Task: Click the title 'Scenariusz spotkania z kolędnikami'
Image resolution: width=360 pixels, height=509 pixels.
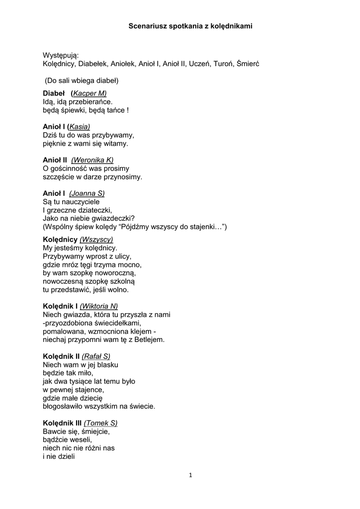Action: (x=190, y=25)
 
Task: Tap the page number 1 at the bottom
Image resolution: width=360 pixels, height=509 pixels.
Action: (x=190, y=475)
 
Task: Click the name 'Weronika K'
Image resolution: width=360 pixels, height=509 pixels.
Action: (x=92, y=160)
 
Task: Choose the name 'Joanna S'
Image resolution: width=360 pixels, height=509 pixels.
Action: (x=87, y=193)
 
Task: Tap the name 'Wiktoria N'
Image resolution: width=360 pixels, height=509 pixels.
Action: (x=98, y=306)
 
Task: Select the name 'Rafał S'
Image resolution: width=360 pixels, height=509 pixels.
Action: (x=96, y=356)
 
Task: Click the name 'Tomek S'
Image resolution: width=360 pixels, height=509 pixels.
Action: (x=101, y=423)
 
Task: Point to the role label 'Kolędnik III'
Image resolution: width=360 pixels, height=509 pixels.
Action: (x=62, y=423)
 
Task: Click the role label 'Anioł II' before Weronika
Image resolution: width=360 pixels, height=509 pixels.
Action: (x=55, y=160)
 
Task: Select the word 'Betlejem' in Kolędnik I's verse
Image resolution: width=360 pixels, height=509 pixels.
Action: (x=151, y=340)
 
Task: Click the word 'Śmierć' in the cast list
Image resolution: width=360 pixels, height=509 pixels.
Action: (x=248, y=64)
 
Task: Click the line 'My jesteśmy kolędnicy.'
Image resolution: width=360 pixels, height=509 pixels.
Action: (x=80, y=248)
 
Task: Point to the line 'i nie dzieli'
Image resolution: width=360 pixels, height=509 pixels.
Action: (x=59, y=456)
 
